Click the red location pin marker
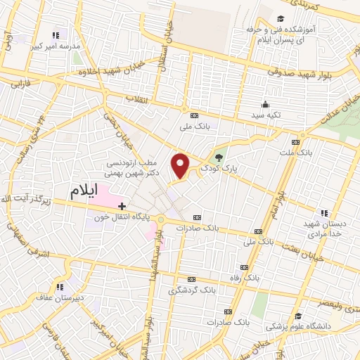pyautogui.click(x=181, y=165)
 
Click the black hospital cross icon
pyautogui.click(x=123, y=206)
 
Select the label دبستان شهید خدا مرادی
pyautogui.click(x=323, y=226)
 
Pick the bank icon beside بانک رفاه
pyautogui.click(x=244, y=268)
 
